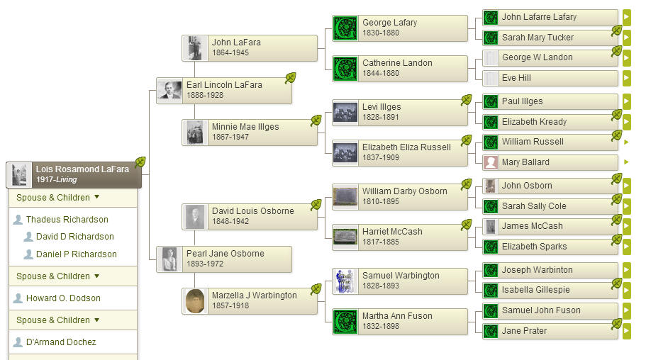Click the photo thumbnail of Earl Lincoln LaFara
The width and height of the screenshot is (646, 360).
pyautogui.click(x=169, y=91)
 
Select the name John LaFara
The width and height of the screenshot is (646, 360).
pyautogui.click(x=235, y=43)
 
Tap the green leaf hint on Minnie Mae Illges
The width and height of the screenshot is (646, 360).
pyautogui.click(x=316, y=120)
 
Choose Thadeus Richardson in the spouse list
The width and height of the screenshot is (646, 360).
pyautogui.click(x=67, y=220)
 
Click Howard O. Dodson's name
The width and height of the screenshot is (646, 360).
pyautogui.click(x=63, y=298)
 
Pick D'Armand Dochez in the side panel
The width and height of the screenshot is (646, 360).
pyautogui.click(x=60, y=342)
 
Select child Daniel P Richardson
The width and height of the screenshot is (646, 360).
pyautogui.click(x=76, y=254)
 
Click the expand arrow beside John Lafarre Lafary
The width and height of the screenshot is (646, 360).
pyautogui.click(x=626, y=17)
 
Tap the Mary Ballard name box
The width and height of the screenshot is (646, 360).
pyautogui.click(x=525, y=162)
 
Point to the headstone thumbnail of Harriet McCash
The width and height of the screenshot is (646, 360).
pyautogui.click(x=345, y=237)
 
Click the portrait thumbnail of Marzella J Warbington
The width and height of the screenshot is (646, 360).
pyautogui.click(x=195, y=301)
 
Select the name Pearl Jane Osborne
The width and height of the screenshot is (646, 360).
pyautogui.click(x=225, y=254)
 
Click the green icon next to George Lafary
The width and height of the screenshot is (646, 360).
pyautogui.click(x=345, y=28)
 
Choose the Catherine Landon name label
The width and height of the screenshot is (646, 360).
pyautogui.click(x=397, y=63)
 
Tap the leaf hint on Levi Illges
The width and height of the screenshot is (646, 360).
pyautogui.click(x=467, y=100)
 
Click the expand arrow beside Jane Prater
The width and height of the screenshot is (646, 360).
pyautogui.click(x=626, y=331)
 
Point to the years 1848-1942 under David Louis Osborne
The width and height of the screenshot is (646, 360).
pyautogui.click(x=230, y=221)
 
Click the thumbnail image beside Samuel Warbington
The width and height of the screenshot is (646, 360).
pyautogui.click(x=345, y=281)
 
